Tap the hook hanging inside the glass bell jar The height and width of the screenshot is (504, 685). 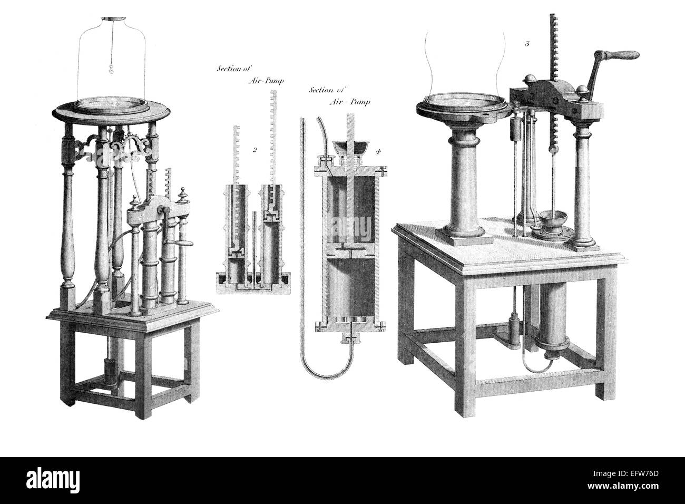111,70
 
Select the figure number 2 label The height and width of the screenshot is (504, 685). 255,149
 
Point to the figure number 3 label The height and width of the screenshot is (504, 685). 527,44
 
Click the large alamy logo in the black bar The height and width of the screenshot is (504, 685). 53,479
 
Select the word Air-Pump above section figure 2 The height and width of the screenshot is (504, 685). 266,81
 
